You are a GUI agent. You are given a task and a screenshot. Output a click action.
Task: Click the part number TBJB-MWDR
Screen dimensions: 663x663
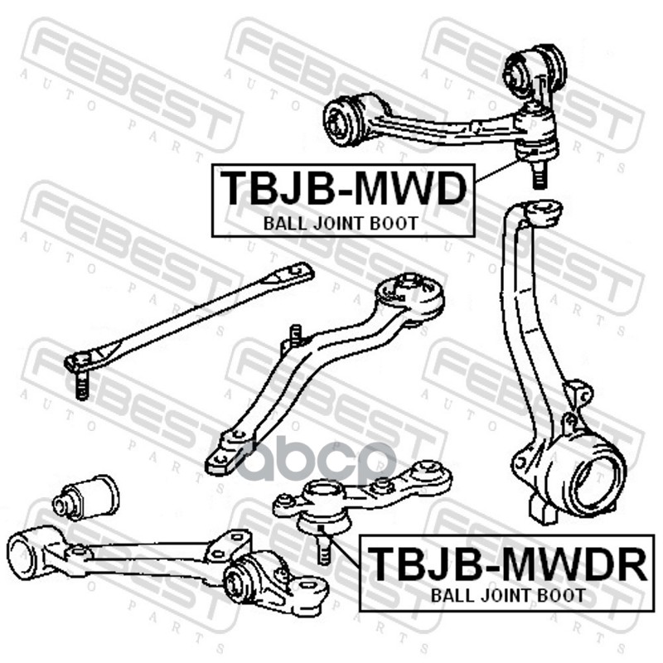(506, 563)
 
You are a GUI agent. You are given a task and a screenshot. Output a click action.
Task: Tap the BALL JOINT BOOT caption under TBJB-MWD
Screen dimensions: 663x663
(340, 222)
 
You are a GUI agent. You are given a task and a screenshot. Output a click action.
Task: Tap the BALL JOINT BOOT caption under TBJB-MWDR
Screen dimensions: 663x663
(506, 594)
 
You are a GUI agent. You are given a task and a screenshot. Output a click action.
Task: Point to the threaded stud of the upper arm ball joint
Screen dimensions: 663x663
(540, 175)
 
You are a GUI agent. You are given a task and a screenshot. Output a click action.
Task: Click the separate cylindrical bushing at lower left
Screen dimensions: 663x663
(86, 496)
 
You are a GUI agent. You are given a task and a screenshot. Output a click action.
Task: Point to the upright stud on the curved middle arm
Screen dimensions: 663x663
(293, 336)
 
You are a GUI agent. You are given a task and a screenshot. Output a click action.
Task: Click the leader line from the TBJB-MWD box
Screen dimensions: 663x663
(496, 172)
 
